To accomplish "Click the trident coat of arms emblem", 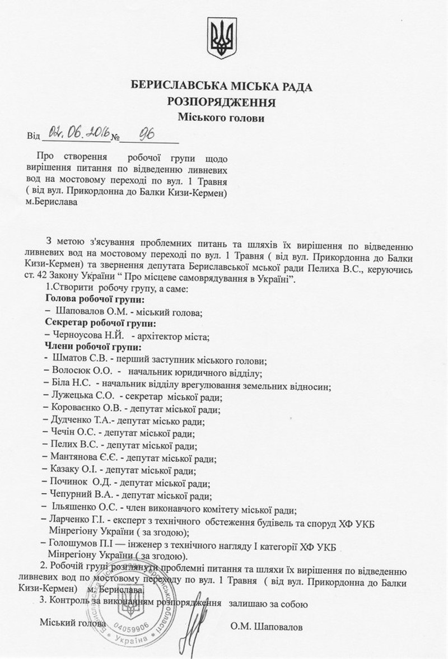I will point(222,38).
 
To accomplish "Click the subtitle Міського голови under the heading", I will point(221,118).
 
